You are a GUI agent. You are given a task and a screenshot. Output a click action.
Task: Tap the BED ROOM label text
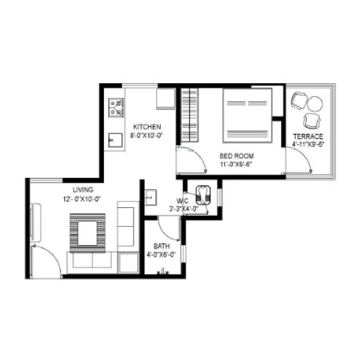coord(237,156)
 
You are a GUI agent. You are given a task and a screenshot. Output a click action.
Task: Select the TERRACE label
coord(308,136)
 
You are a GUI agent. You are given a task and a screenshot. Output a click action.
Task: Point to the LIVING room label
coord(83,190)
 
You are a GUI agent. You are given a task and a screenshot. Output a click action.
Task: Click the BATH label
coord(161,246)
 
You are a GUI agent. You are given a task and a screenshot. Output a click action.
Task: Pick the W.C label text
coord(183,201)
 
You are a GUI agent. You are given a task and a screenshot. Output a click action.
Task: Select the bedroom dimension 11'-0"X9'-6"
coord(237,164)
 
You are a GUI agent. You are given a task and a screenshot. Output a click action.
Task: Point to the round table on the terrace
coord(315,103)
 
